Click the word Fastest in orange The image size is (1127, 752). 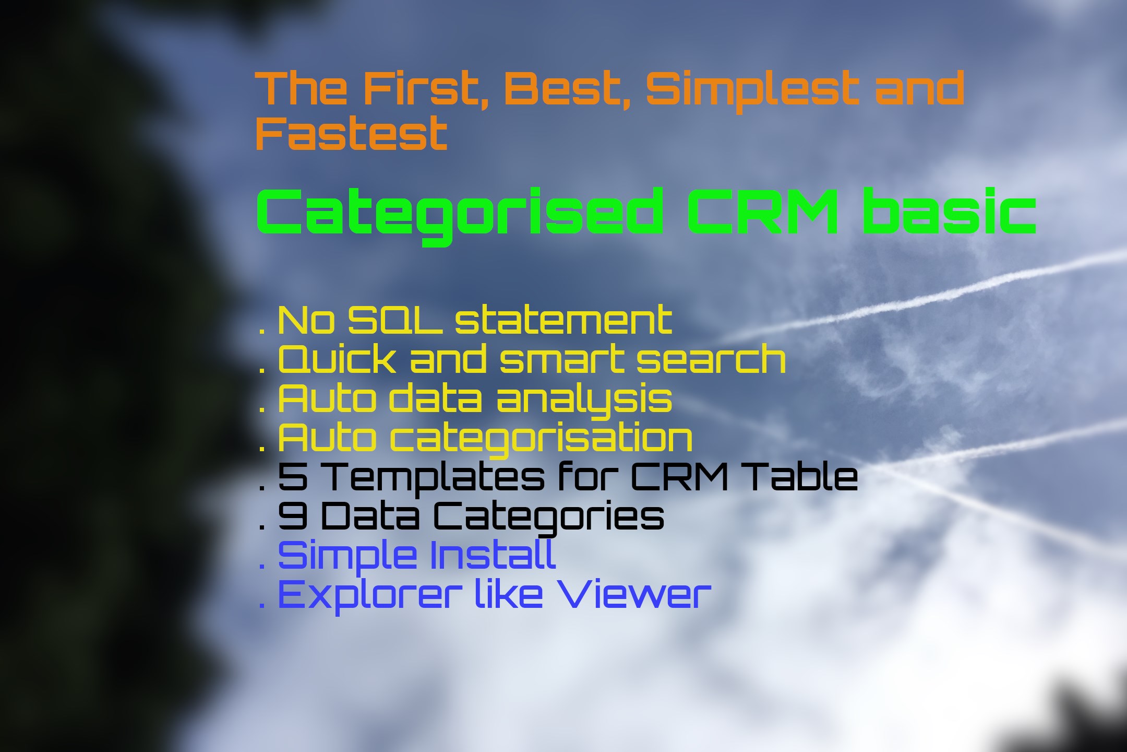351,134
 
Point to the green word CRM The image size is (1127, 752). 763,211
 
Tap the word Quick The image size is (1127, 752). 337,359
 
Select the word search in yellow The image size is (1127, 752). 711,359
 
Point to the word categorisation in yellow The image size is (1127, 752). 542,439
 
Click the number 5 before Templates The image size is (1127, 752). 293,477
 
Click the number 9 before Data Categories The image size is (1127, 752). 293,515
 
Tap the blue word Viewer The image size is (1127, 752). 634,594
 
